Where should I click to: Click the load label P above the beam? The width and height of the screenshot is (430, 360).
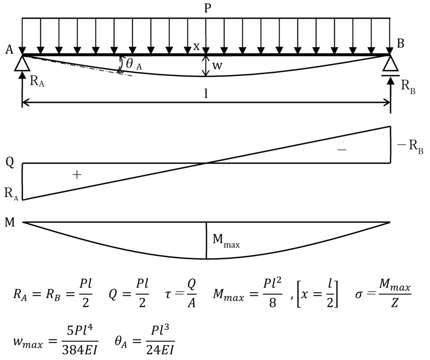tap(207, 8)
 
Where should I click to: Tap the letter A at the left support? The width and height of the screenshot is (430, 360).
tap(9, 50)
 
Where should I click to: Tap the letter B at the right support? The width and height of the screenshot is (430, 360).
tap(401, 44)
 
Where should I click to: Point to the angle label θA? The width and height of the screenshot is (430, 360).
tap(134, 64)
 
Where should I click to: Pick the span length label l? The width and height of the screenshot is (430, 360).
tap(206, 94)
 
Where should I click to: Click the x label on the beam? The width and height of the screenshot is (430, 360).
tap(196, 46)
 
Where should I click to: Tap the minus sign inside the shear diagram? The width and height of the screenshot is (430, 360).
tap(342, 150)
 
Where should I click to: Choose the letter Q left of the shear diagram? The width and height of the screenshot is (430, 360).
tap(9, 163)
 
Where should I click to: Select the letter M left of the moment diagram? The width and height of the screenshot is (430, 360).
tap(9, 222)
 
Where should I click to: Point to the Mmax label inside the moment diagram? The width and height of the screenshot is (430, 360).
tap(226, 242)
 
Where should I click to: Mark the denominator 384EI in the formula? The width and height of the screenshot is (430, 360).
tap(79, 348)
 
